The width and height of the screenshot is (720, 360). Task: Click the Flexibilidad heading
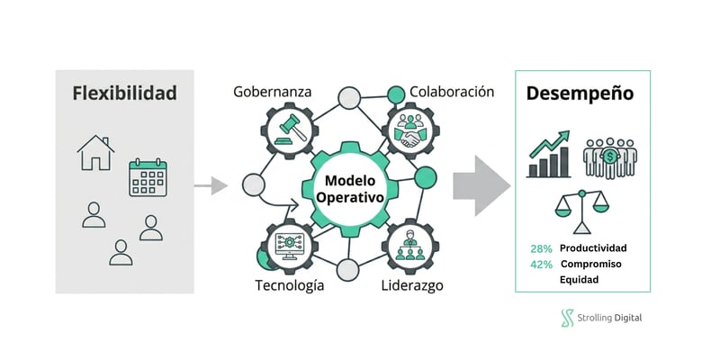pyautogui.click(x=124, y=93)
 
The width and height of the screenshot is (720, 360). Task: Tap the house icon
pyautogui.click(x=95, y=153)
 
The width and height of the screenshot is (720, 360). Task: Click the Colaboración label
pyautogui.click(x=452, y=92)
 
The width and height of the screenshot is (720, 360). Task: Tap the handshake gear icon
pyautogui.click(x=416, y=131)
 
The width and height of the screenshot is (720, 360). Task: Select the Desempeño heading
pyautogui.click(x=580, y=93)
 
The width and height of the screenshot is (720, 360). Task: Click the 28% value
pyautogui.click(x=541, y=248)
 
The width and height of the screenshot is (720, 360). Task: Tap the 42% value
pyautogui.click(x=541, y=265)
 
